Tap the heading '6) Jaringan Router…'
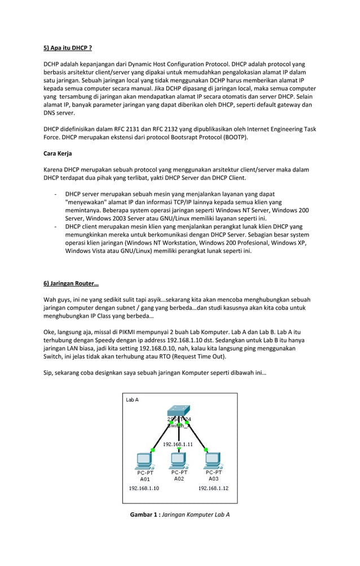coord(71,283)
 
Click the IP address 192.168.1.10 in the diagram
coord(144,488)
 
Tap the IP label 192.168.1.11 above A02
coord(179,444)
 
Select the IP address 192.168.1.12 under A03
coord(213,488)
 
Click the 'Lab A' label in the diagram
coord(133,400)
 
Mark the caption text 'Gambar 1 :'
coord(145,515)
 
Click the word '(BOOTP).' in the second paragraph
coord(232,137)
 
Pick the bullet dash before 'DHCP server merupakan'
coord(55,194)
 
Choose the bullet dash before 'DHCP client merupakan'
coord(55,226)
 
